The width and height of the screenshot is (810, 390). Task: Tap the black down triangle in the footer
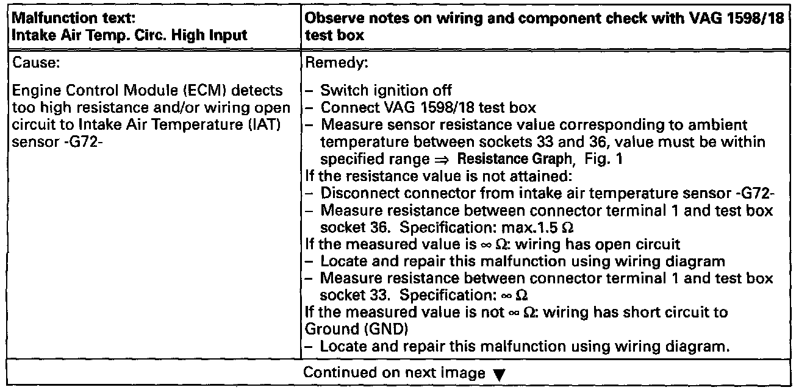click(x=496, y=375)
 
